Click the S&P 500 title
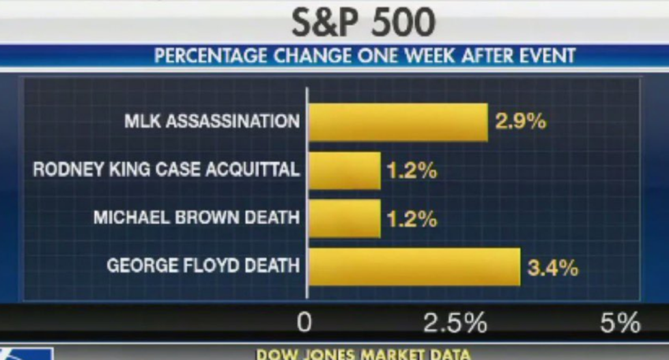pyautogui.click(x=363, y=22)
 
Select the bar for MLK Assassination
pyautogui.click(x=399, y=122)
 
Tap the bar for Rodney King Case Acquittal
pyautogui.click(x=345, y=170)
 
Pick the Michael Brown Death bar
pyautogui.click(x=345, y=218)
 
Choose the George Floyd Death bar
pyautogui.click(x=414, y=266)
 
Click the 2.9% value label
pyautogui.click(x=519, y=122)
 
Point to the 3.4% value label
pyautogui.click(x=552, y=267)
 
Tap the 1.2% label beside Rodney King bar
pyautogui.click(x=412, y=170)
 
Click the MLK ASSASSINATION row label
pyautogui.click(x=212, y=122)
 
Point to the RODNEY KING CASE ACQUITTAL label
pyautogui.click(x=166, y=169)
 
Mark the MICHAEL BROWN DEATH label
pyautogui.click(x=197, y=218)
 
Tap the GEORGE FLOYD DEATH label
pyautogui.click(x=203, y=265)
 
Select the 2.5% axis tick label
pyautogui.click(x=455, y=322)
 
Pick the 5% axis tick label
pyautogui.click(x=619, y=322)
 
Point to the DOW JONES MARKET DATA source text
pyautogui.click(x=362, y=355)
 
